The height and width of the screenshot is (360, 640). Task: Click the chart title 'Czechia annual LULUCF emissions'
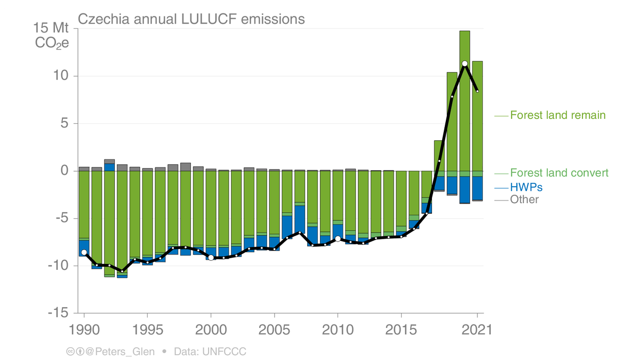[x=191, y=19]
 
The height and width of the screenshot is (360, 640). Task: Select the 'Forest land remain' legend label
[x=557, y=115]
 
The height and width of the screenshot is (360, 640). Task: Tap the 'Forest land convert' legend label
[x=559, y=173]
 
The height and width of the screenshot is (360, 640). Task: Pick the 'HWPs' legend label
[x=526, y=187]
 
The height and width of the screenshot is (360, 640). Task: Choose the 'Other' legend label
[x=524, y=199]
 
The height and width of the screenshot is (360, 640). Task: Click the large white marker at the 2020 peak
[x=465, y=63]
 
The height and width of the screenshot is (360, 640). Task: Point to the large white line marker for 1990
[x=84, y=252]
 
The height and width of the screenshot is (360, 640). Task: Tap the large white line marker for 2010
[x=338, y=238]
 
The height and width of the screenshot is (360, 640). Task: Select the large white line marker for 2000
[x=211, y=258]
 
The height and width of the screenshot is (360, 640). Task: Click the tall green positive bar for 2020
[x=465, y=101]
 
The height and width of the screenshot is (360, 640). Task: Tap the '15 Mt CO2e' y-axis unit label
[x=52, y=36]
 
